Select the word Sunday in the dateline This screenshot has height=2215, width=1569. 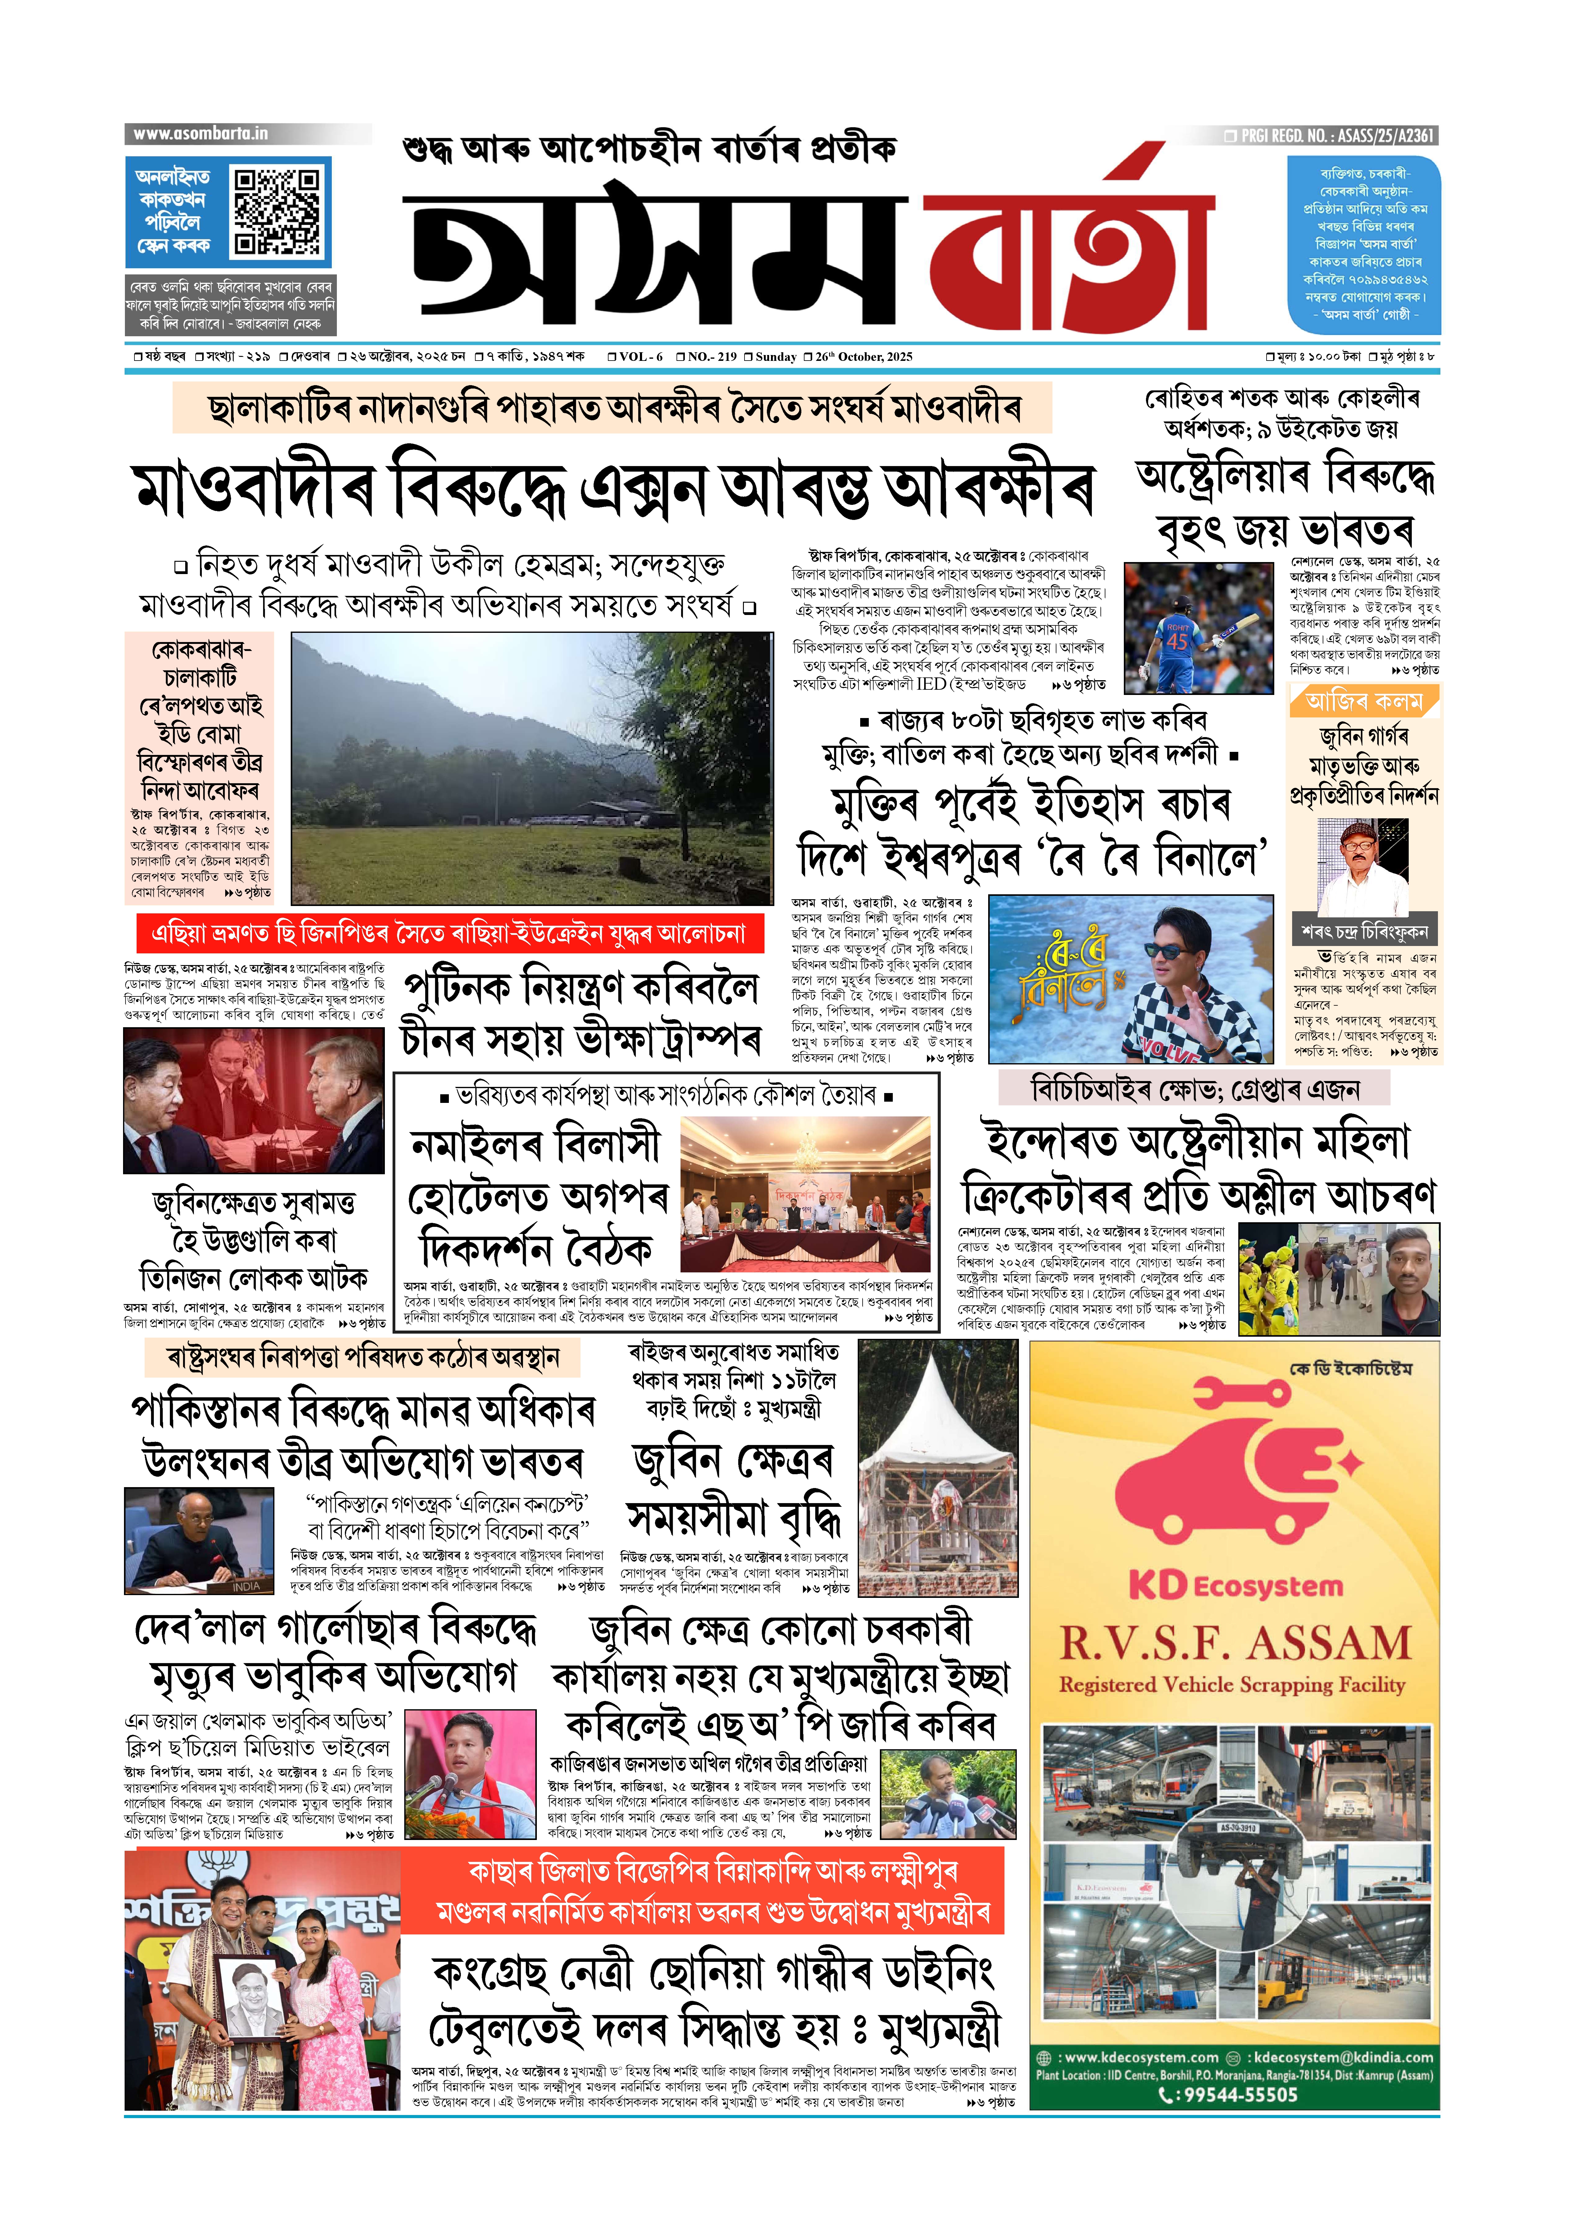(x=776, y=357)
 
